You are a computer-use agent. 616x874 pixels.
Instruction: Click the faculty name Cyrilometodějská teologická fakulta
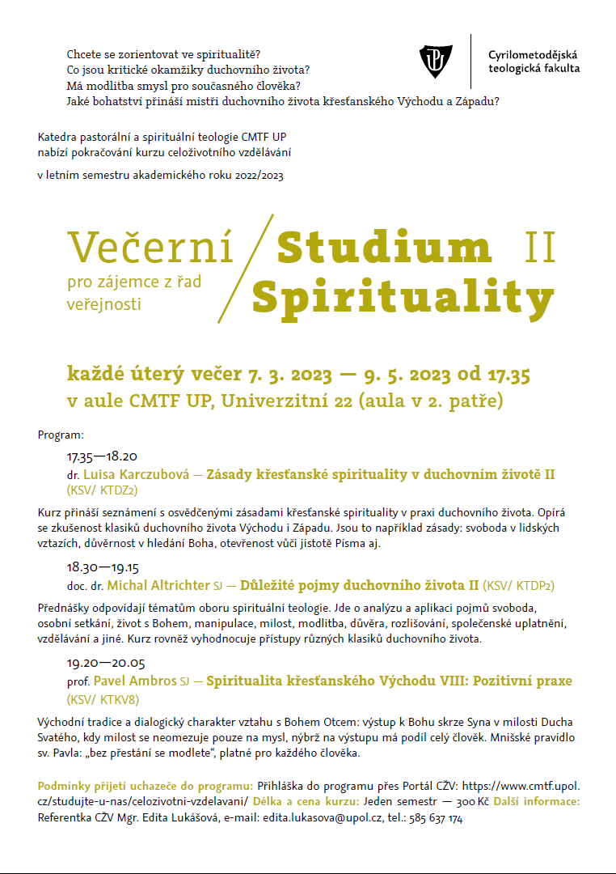(533, 62)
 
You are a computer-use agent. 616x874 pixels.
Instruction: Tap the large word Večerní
(150, 248)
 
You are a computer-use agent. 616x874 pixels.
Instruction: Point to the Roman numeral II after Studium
(539, 248)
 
